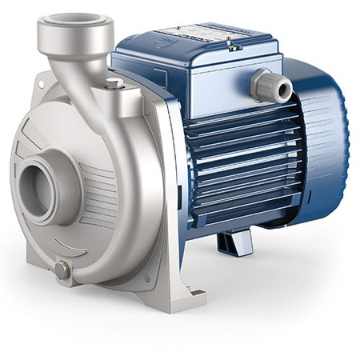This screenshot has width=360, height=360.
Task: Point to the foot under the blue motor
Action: [238, 241]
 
